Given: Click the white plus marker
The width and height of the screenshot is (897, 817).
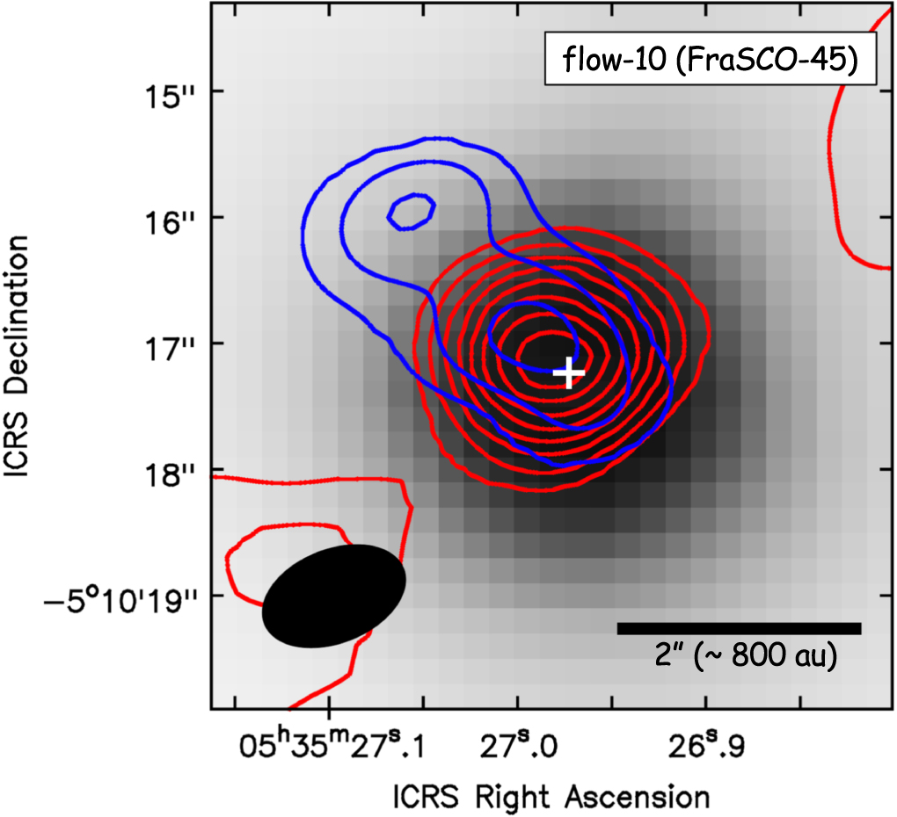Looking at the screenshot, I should [569, 372].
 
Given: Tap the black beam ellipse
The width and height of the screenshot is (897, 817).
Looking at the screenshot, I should [334, 596].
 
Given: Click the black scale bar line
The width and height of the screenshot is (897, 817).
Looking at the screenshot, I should [739, 628].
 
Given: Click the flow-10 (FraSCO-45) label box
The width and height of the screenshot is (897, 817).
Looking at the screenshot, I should [711, 61].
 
